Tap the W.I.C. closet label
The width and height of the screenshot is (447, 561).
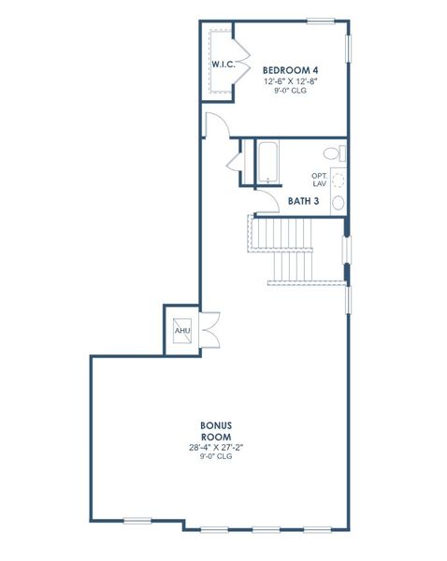click(x=222, y=65)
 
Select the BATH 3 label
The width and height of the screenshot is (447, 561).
click(x=301, y=199)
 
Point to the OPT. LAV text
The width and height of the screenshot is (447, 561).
click(x=320, y=179)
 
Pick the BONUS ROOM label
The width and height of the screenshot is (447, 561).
click(x=216, y=430)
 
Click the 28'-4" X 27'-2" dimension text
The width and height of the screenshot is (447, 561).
click(x=216, y=447)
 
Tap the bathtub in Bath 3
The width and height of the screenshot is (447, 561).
click(x=268, y=162)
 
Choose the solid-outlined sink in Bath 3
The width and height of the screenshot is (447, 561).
click(x=339, y=201)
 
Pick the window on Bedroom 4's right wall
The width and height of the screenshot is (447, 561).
click(x=349, y=47)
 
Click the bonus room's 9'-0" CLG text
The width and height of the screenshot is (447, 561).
click(x=216, y=457)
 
